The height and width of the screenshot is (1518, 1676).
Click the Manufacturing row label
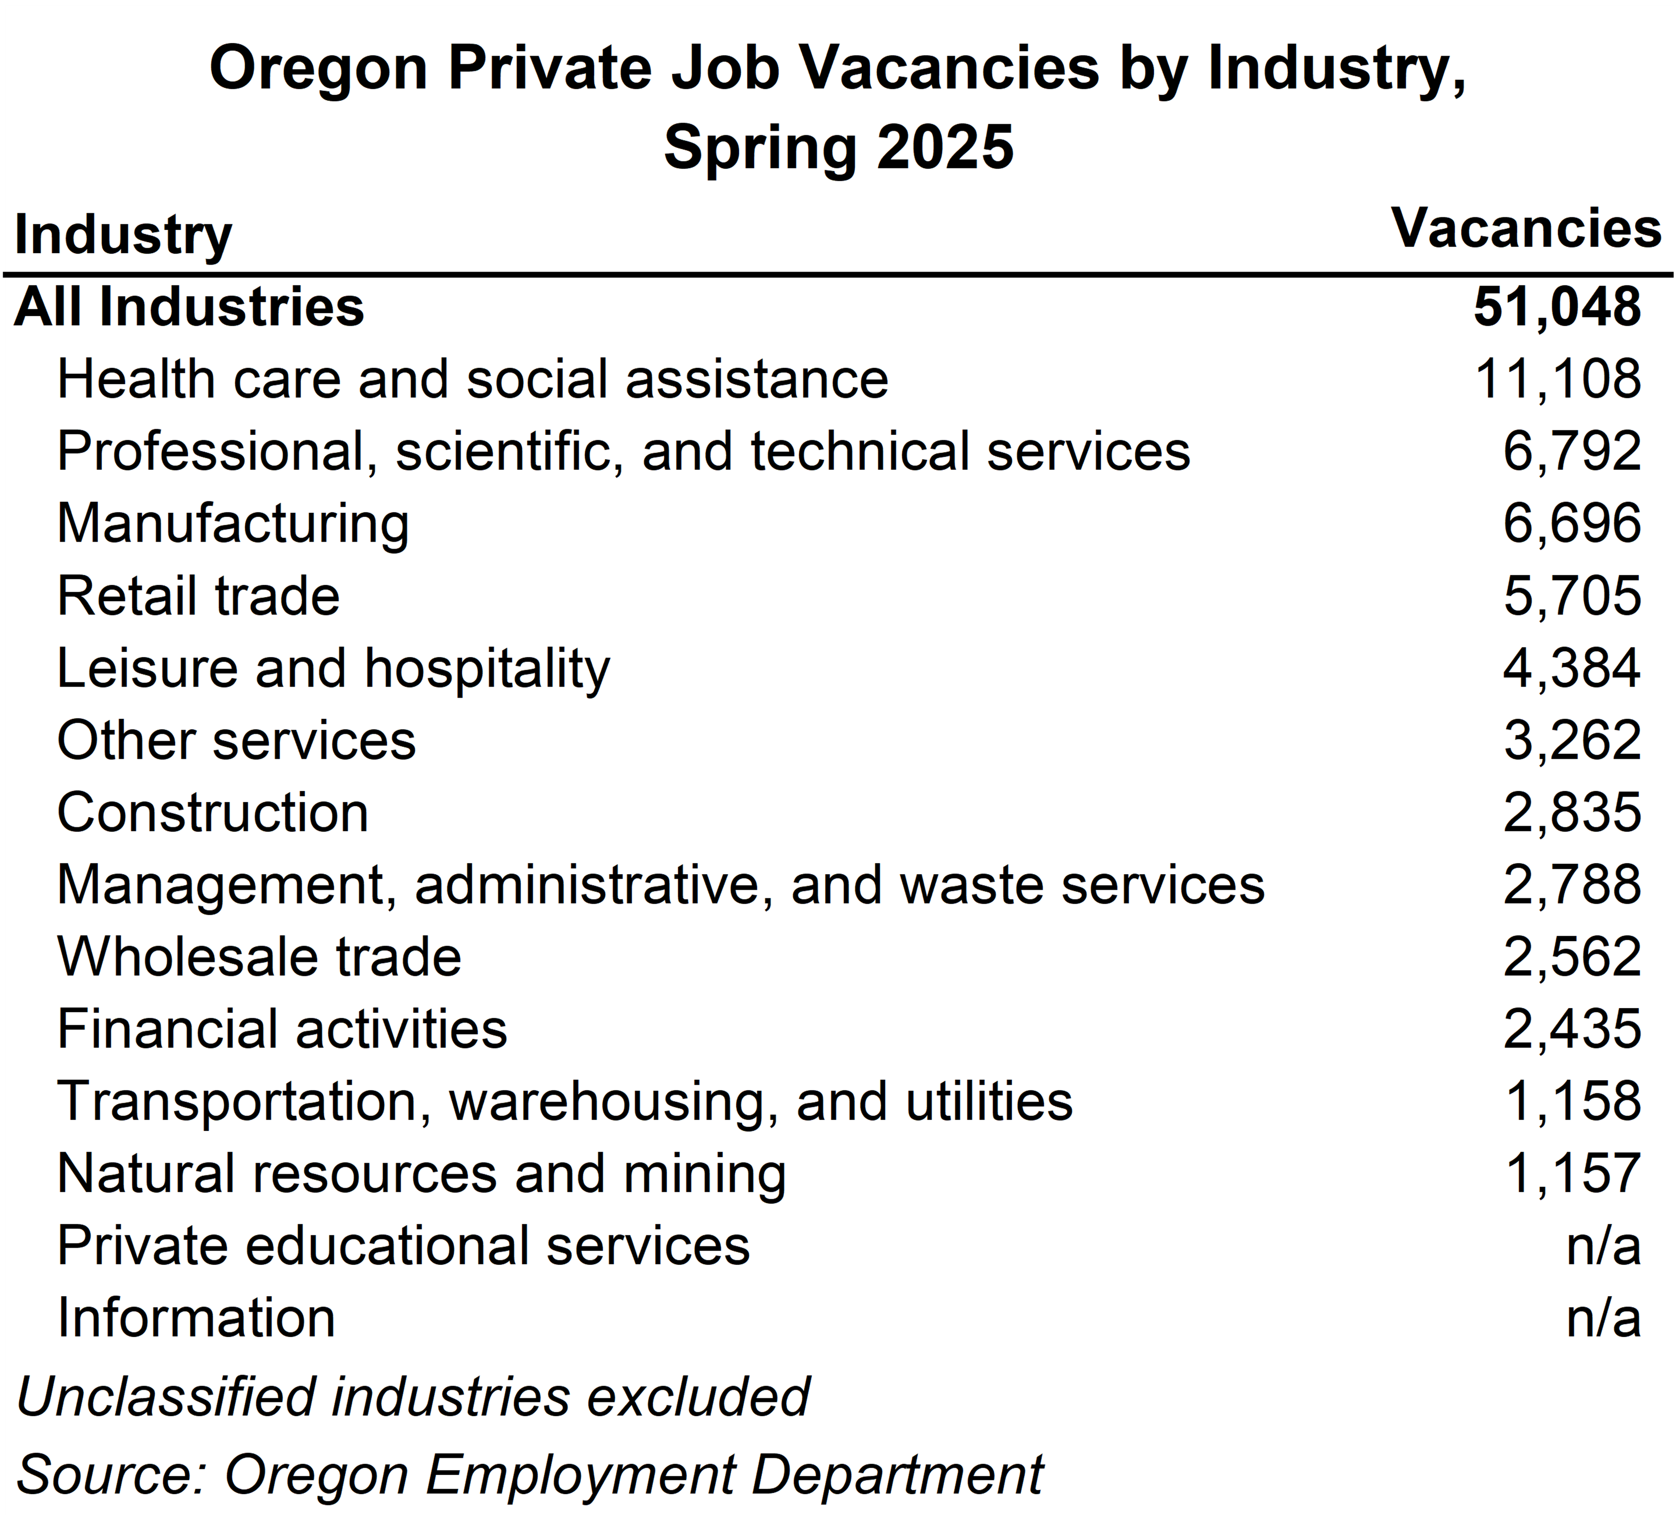point(233,524)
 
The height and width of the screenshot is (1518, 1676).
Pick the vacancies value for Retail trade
point(1571,596)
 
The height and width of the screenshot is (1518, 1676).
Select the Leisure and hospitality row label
point(332,668)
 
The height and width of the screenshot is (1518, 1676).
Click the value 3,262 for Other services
point(1571,741)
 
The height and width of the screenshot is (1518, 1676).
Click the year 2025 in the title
point(945,147)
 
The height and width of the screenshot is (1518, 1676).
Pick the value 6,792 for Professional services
point(1571,451)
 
